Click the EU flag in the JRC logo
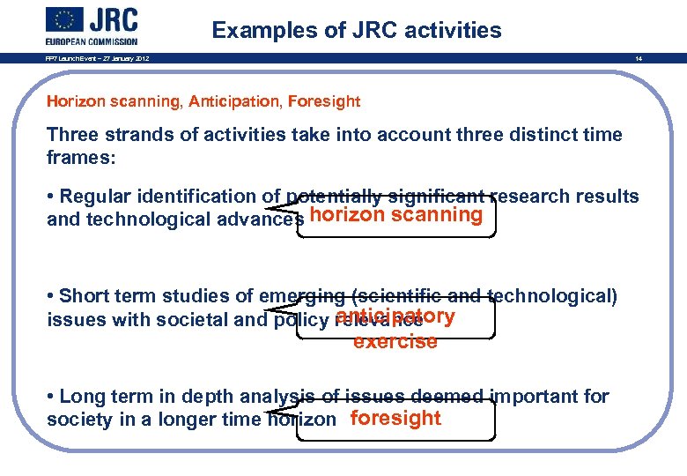point(66,20)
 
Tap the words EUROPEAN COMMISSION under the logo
point(92,41)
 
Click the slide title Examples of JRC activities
point(357,30)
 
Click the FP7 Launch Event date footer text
point(98,59)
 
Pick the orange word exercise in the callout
point(395,342)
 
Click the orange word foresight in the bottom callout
point(395,418)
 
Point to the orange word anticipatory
point(396,316)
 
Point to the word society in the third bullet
point(81,420)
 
